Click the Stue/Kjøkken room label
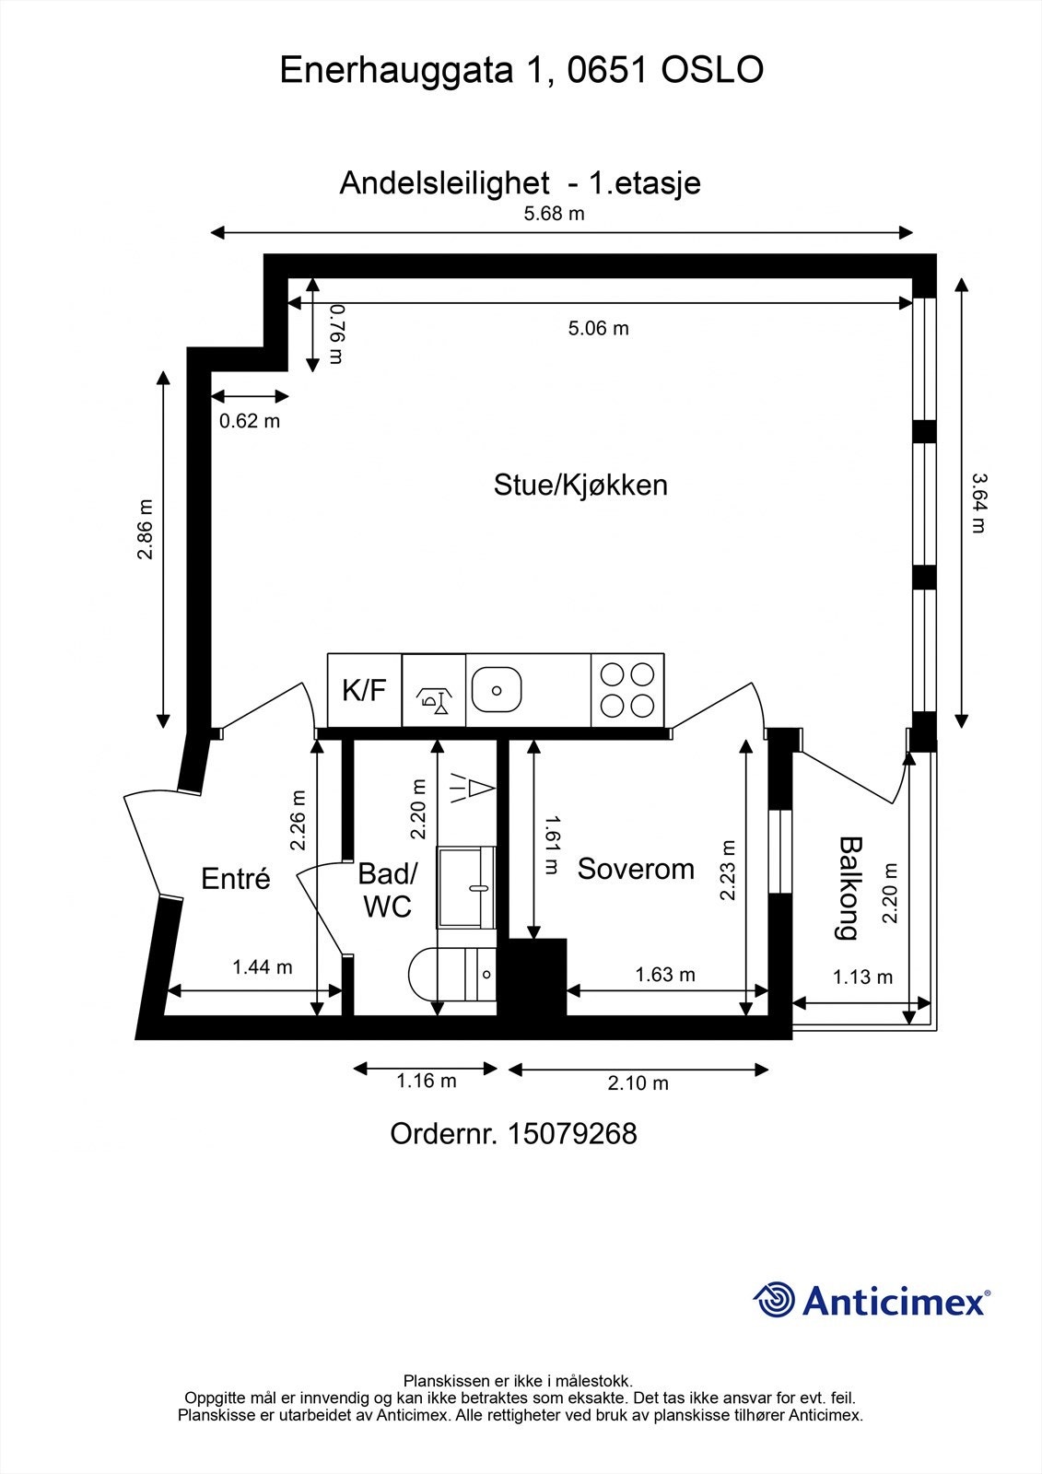click(580, 485)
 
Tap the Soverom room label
click(636, 869)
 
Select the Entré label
click(236, 878)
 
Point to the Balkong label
click(849, 888)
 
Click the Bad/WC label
click(388, 890)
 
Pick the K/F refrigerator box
click(365, 690)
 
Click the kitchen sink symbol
click(497, 690)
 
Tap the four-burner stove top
click(627, 690)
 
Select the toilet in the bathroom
click(451, 974)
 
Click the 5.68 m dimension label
click(555, 213)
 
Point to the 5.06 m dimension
click(598, 328)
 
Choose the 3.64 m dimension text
click(978, 503)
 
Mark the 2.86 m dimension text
click(145, 529)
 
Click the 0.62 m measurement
click(250, 420)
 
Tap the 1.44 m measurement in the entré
click(262, 966)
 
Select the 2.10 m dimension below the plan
click(638, 1082)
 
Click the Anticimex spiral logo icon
click(774, 1300)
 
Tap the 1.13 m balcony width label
click(862, 977)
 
